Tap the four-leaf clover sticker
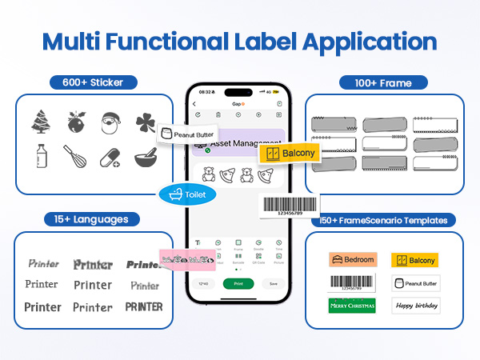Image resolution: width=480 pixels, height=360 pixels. (x=146, y=122)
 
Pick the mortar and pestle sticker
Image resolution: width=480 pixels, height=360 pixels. (x=145, y=156)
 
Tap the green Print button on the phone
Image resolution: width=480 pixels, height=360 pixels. (x=238, y=283)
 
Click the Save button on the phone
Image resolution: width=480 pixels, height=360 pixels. (x=274, y=283)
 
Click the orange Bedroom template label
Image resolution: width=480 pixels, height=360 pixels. (x=353, y=260)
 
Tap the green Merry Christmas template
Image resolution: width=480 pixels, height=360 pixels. (x=353, y=305)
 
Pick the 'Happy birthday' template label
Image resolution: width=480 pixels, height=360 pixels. (x=416, y=305)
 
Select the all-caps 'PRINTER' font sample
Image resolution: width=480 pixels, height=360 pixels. (x=144, y=306)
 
